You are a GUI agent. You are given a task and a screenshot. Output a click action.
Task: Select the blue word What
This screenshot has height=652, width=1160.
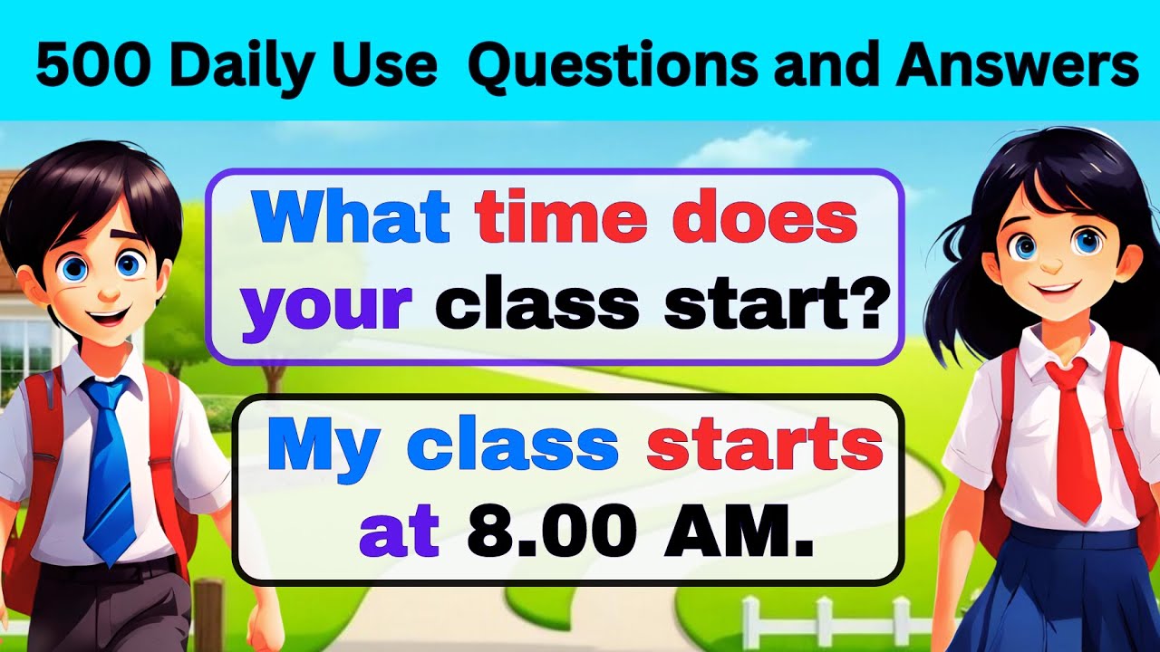tap(352, 219)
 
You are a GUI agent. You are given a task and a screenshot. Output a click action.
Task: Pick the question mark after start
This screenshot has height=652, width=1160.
tap(865, 304)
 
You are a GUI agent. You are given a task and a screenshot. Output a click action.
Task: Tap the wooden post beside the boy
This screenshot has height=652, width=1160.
tap(208, 616)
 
